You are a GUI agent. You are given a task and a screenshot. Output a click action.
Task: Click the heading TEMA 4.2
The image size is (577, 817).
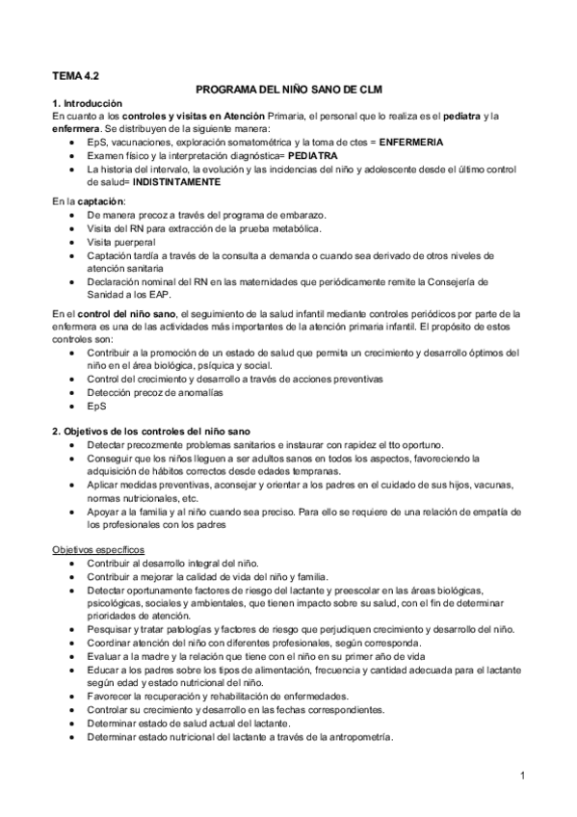[x=75, y=72]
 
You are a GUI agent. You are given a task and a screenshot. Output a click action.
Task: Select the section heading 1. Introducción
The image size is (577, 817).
[x=88, y=102]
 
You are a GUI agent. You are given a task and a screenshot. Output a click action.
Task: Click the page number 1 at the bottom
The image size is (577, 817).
[x=521, y=775]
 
